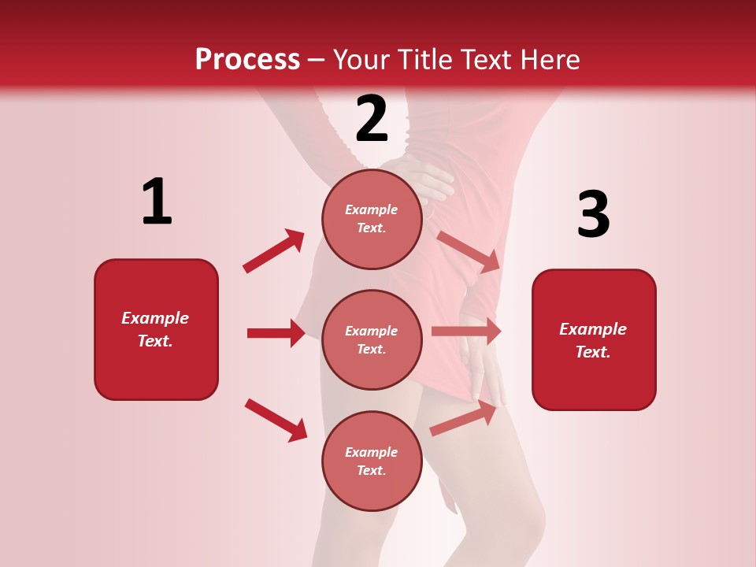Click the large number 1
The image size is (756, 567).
coord(157,202)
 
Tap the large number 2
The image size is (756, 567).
coord(372,119)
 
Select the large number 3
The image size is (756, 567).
coord(593,215)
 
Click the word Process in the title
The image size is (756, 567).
coord(247,59)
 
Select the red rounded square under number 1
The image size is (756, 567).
coord(156,329)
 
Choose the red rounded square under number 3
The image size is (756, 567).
coord(594,339)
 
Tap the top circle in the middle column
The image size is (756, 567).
coord(372,219)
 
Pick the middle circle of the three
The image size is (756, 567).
coord(372,339)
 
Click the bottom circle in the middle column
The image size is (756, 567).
coord(372,461)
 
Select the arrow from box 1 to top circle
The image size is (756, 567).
coord(274,251)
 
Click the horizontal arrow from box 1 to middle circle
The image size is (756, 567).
coord(276,333)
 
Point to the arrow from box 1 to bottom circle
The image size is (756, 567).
coord(276,420)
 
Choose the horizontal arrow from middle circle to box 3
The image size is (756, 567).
coord(466,332)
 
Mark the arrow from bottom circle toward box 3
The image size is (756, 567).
coord(465,418)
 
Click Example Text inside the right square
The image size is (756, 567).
coord(593,340)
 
